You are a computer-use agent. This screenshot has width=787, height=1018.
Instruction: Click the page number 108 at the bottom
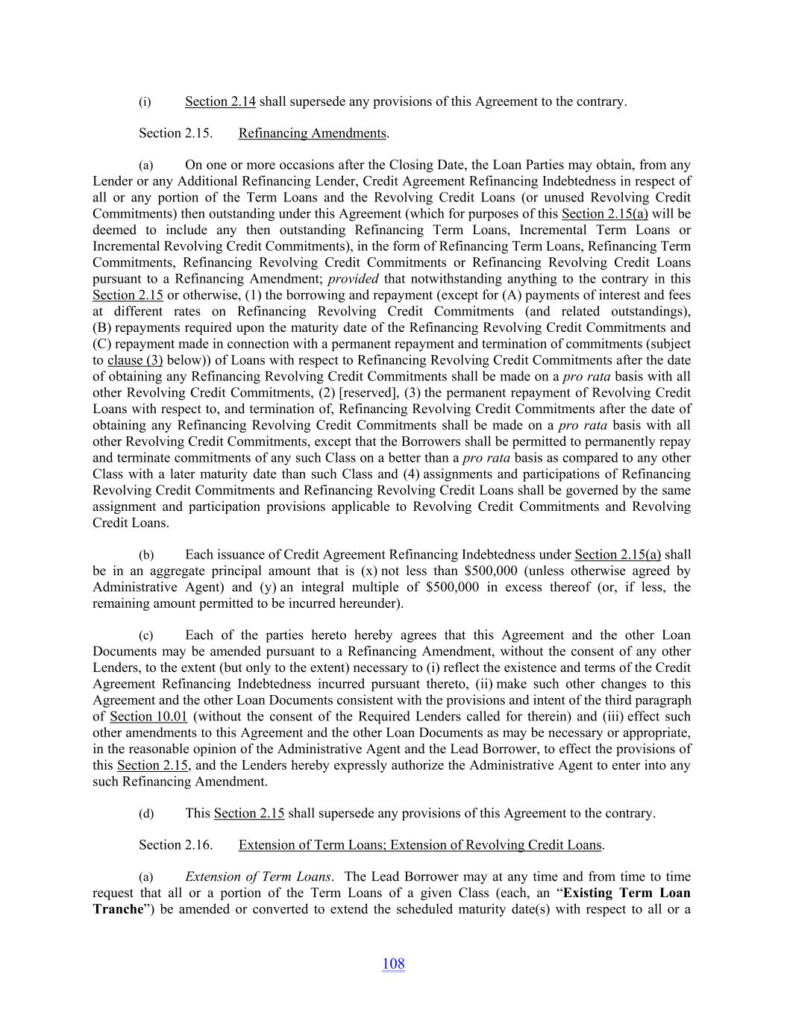click(393, 964)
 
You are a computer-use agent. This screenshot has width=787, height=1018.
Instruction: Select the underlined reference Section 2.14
click(220, 101)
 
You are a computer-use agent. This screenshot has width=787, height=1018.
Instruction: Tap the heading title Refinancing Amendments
click(313, 133)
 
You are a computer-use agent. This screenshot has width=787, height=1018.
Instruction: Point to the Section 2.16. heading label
click(175, 845)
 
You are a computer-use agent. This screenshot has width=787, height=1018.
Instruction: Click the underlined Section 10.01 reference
click(148, 717)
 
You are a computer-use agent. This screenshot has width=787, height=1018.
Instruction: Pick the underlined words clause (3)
click(135, 360)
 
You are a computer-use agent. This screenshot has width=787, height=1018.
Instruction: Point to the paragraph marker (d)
click(146, 814)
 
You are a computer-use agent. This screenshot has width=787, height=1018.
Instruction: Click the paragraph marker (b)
click(146, 556)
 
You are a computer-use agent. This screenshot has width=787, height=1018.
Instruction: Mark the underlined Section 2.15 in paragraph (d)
click(248, 814)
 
